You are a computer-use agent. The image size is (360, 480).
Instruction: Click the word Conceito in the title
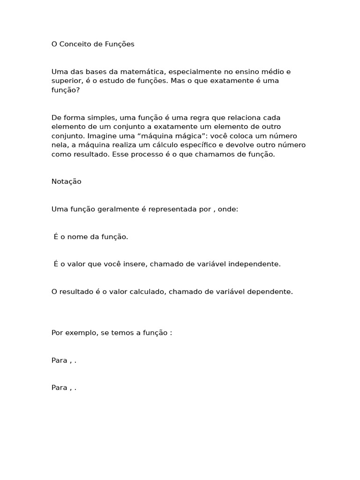click(x=74, y=44)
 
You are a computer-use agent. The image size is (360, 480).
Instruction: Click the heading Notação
click(x=66, y=182)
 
